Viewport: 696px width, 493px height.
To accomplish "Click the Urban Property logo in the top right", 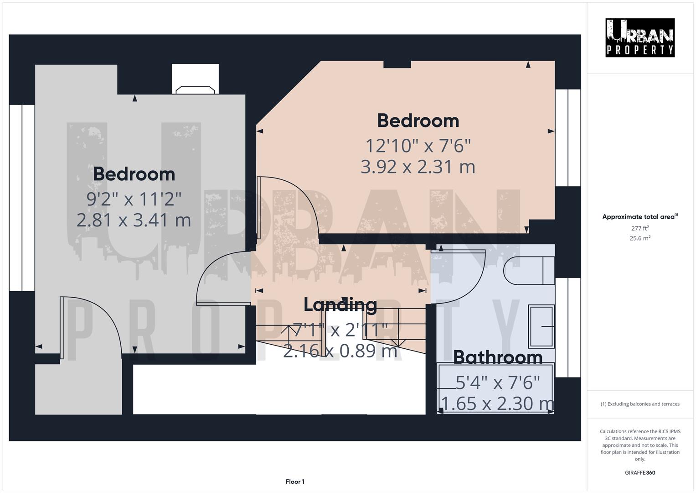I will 639,37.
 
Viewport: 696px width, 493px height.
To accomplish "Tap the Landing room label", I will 340,304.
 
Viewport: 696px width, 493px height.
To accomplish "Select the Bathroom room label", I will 498,357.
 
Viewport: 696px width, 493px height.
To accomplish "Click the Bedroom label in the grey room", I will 134,174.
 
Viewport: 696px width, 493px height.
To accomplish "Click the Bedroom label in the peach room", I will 418,121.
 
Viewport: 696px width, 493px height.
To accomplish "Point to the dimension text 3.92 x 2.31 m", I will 418,167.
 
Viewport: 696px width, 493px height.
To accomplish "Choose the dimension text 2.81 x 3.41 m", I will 134,220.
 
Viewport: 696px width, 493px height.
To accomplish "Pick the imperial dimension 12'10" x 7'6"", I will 418,146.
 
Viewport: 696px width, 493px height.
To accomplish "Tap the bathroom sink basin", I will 541,326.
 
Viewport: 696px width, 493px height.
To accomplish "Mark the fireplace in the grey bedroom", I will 195,89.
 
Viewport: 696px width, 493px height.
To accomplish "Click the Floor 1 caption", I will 295,482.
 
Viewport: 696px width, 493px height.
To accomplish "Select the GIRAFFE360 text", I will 639,472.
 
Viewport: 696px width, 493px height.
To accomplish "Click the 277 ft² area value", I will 639,228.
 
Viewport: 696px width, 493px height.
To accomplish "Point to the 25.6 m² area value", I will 639,238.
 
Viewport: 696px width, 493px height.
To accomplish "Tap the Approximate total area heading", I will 639,217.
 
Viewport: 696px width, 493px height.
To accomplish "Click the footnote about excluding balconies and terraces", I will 639,404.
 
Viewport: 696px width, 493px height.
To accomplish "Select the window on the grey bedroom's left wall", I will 22,198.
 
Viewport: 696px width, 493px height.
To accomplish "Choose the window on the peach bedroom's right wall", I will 568,137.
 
